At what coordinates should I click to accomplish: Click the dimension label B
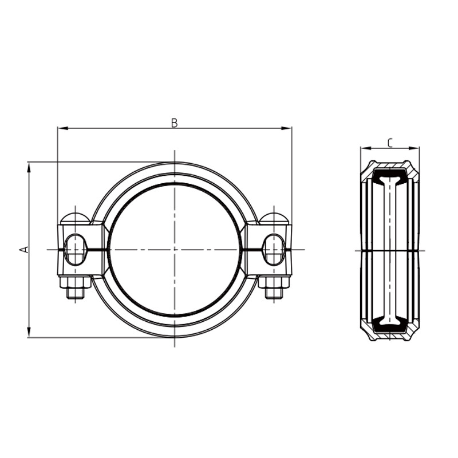click(x=175, y=123)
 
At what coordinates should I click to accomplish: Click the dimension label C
click(x=390, y=143)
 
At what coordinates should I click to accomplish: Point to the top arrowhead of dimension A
click(x=29, y=165)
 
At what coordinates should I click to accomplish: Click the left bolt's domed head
click(x=75, y=218)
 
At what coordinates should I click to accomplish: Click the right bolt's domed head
click(x=274, y=218)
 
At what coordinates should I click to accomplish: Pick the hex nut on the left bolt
click(x=75, y=282)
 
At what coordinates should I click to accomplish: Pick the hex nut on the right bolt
click(x=274, y=282)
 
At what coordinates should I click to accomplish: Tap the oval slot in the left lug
click(x=75, y=250)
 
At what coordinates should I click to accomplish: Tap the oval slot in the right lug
click(x=274, y=250)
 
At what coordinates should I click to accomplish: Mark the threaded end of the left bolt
click(x=75, y=293)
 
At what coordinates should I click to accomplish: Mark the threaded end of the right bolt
click(x=274, y=293)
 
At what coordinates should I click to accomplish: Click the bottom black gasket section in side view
click(x=390, y=327)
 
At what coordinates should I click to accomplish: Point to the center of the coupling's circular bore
click(x=175, y=250)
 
